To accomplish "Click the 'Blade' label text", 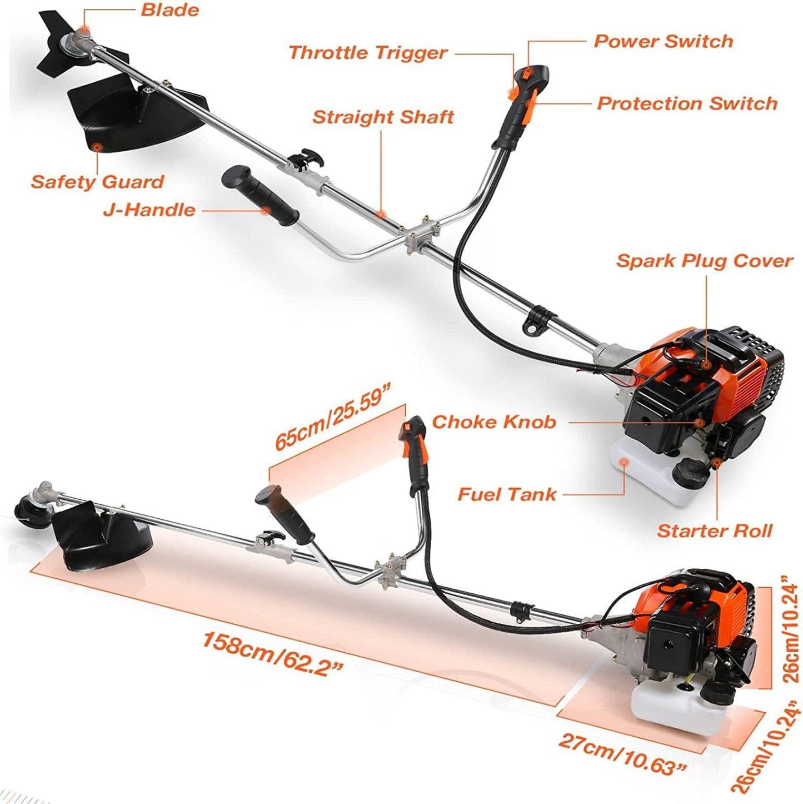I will coord(169,10).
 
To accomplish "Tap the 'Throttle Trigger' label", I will coord(368,53).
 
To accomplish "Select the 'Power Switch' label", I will coord(663,41).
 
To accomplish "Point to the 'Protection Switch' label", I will coord(687,103).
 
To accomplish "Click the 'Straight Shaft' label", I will coord(383,117).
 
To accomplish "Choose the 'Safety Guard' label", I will coord(97,182).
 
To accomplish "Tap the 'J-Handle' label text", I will coord(149,210).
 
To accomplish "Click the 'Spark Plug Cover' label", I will coord(704,261).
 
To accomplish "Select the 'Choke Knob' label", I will coord(494,422).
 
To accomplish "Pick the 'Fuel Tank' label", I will coord(507,494).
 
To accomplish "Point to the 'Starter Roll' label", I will coord(715,530).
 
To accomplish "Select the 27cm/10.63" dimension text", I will coord(623,753).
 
